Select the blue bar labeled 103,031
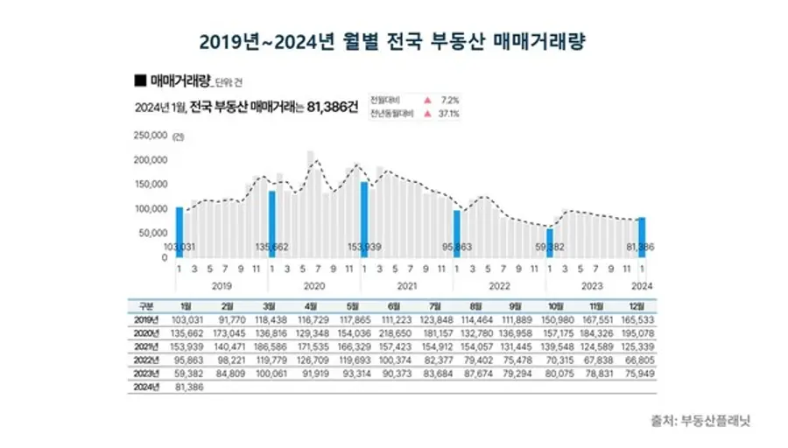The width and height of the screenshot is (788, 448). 179,232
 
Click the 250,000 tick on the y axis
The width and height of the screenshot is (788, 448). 151,136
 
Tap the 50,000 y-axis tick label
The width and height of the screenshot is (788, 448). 153,234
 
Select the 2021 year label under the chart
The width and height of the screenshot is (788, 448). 406,284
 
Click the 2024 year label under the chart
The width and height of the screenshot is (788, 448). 642,284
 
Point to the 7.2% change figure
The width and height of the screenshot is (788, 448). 448,98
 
